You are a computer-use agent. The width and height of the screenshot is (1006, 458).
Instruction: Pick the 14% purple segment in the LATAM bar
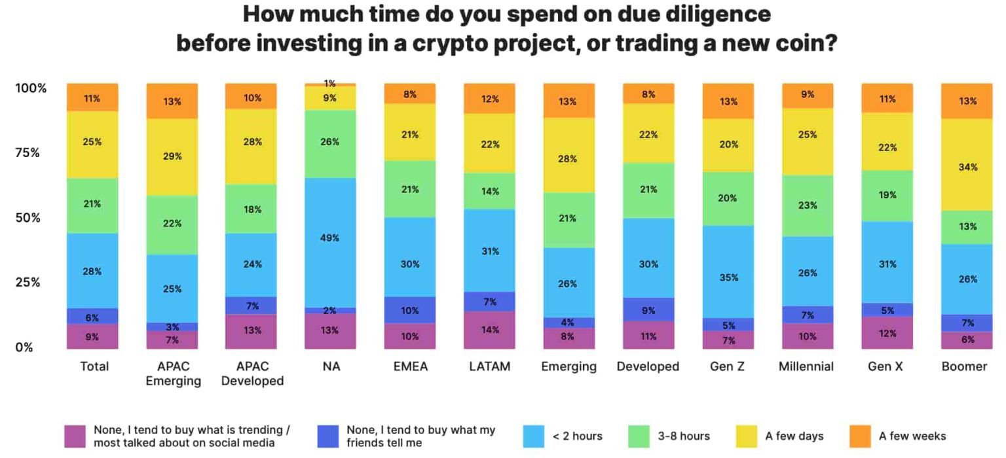pyautogui.click(x=489, y=330)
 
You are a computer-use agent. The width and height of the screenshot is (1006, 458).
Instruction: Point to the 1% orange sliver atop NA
pyautogui.click(x=330, y=84)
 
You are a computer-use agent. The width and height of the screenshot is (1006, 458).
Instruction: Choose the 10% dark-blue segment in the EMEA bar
pyautogui.click(x=410, y=310)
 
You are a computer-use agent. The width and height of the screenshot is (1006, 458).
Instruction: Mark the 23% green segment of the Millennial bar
pyautogui.click(x=807, y=205)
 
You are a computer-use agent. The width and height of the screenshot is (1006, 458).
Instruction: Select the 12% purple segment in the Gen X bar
pyautogui.click(x=887, y=332)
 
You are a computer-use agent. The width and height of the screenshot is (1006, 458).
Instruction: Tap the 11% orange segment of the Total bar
pyautogui.click(x=92, y=98)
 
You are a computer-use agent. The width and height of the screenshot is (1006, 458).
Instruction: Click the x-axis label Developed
pyautogui.click(x=648, y=366)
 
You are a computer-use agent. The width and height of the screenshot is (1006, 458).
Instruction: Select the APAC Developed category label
pyautogui.click(x=252, y=373)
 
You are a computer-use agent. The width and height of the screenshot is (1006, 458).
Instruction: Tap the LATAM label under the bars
pyautogui.click(x=489, y=366)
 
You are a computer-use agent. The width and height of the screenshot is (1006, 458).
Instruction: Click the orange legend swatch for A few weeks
pyautogui.click(x=859, y=436)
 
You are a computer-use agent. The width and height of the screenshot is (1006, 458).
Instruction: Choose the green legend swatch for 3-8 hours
pyautogui.click(x=639, y=436)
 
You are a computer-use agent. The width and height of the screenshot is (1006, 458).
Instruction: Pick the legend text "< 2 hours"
pyautogui.click(x=577, y=436)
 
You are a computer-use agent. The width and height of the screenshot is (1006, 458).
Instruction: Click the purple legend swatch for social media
pyautogui.click(x=75, y=436)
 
